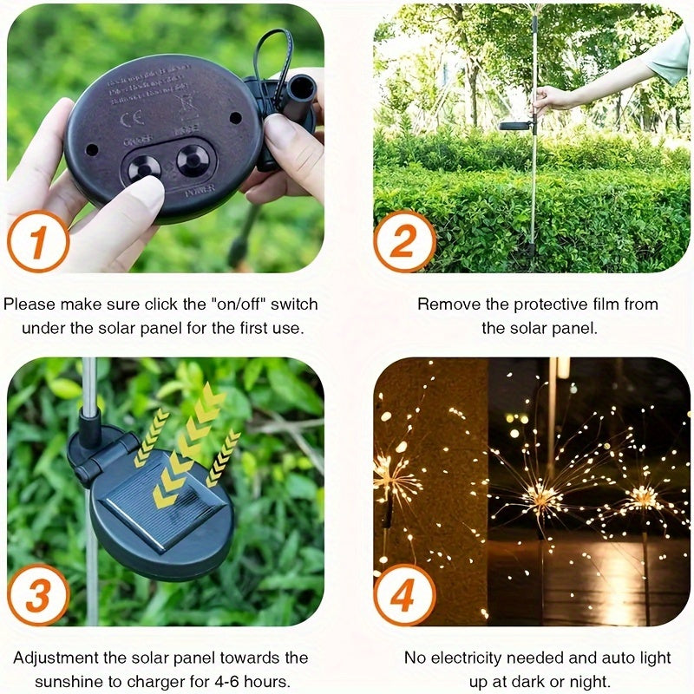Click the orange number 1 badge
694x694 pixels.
[x=37, y=240]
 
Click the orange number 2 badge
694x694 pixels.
[x=404, y=240]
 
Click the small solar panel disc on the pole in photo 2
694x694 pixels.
[x=515, y=126]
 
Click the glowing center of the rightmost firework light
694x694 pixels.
[x=643, y=497]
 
